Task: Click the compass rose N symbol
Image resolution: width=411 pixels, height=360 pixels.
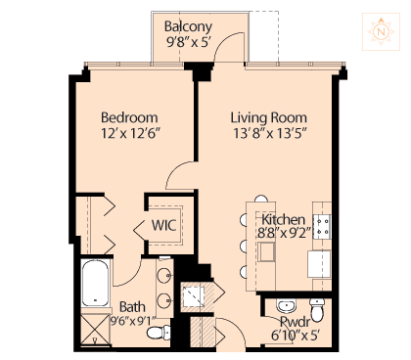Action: [x=381, y=31]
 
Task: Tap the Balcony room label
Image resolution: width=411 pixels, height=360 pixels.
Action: [x=188, y=26]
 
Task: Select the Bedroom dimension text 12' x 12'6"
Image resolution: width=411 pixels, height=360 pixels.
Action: [x=131, y=133]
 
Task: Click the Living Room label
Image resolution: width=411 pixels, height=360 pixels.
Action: [x=269, y=117]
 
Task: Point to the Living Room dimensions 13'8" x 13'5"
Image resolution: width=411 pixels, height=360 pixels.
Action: [x=270, y=133]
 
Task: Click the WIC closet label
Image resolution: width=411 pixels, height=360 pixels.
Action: [x=163, y=225]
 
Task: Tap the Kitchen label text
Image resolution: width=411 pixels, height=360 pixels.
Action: [x=284, y=219]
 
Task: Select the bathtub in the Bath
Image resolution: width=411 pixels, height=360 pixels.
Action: [x=95, y=283]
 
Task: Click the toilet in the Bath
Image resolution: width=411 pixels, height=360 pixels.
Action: [x=159, y=333]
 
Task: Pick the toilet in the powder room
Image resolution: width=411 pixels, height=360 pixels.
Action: [x=317, y=309]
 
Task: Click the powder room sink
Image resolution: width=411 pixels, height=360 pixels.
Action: [x=286, y=305]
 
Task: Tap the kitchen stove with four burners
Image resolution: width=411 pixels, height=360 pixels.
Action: [x=322, y=227]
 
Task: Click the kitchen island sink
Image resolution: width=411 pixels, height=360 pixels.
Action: [x=266, y=251]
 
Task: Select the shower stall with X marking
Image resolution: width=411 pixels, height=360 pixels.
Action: [x=96, y=329]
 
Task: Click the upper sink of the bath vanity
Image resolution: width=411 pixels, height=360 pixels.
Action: [x=164, y=275]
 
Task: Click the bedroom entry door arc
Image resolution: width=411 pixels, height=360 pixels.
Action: [x=176, y=170]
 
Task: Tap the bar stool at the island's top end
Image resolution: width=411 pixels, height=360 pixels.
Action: [x=261, y=199]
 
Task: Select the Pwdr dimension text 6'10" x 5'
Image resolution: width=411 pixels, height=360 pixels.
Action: [x=296, y=336]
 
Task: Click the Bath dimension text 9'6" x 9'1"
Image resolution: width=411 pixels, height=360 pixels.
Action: [x=132, y=321]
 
